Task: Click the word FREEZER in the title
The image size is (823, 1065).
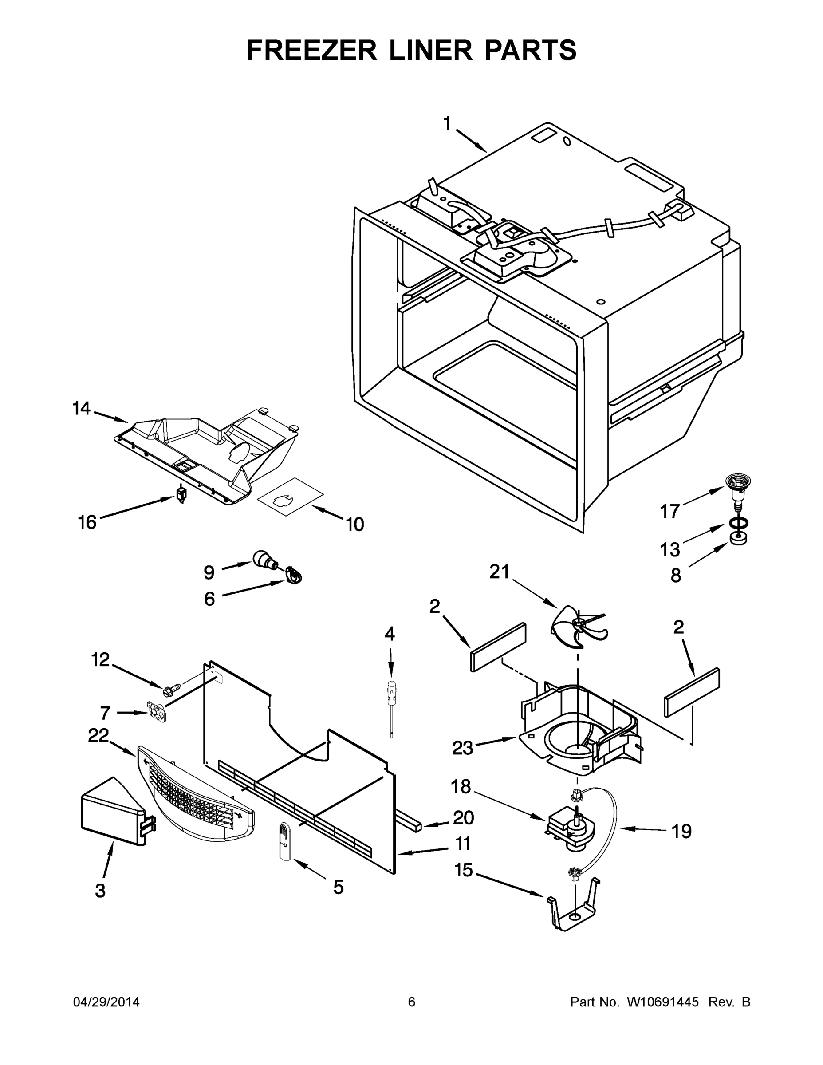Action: pyautogui.click(x=312, y=50)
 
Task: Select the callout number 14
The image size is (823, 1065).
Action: pyautogui.click(x=82, y=409)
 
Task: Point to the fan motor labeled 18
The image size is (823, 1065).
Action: pyautogui.click(x=568, y=830)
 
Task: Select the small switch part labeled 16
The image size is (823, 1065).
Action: pyautogui.click(x=182, y=495)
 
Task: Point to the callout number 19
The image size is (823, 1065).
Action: pyautogui.click(x=681, y=832)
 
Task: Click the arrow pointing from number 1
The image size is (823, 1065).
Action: pyautogui.click(x=472, y=141)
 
